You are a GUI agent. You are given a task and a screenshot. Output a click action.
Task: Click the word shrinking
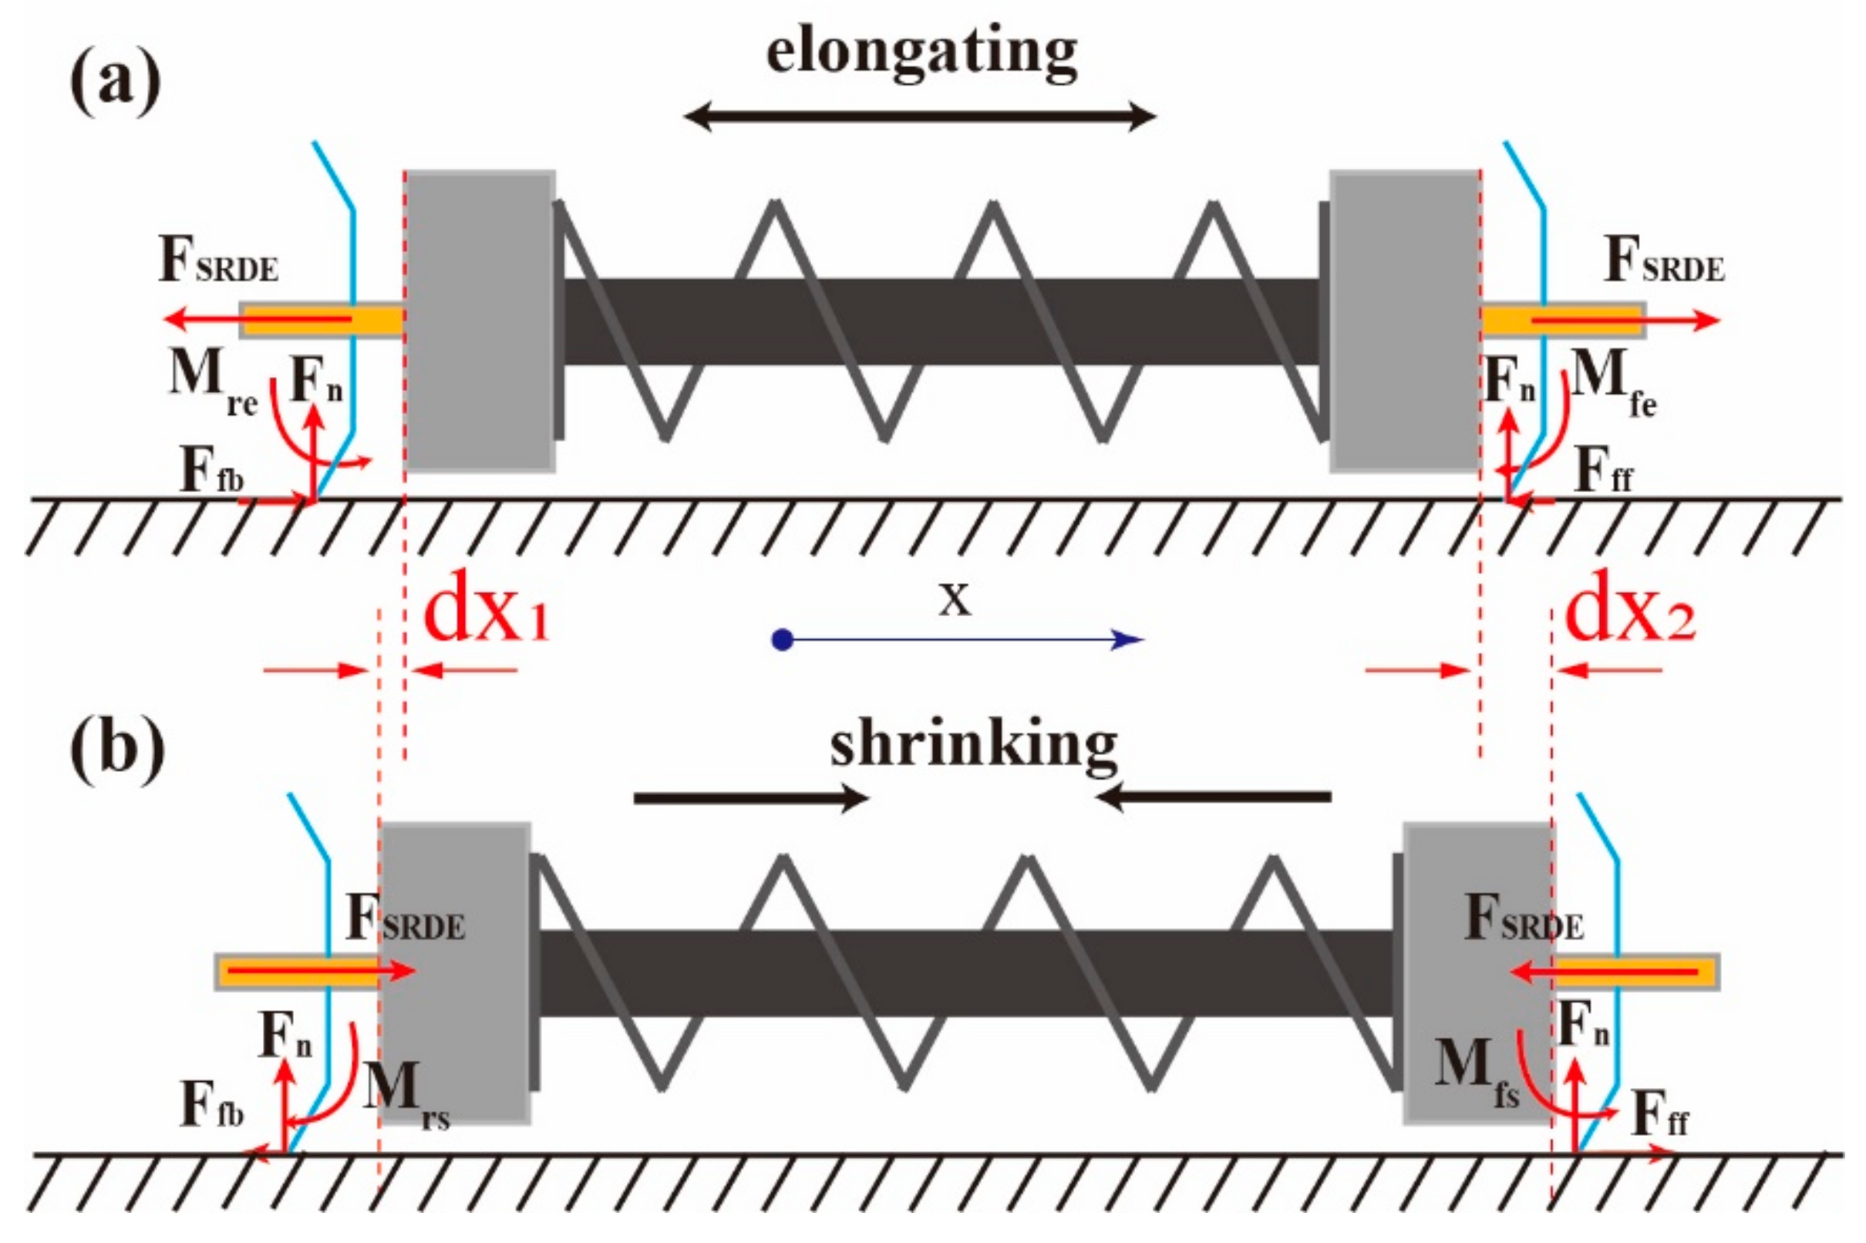click(973, 746)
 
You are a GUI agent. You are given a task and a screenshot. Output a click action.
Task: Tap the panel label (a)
click(116, 81)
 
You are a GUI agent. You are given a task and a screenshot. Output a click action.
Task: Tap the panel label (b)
click(117, 746)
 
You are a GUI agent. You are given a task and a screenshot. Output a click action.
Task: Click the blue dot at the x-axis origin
click(783, 640)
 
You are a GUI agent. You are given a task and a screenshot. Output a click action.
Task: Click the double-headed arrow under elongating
click(920, 117)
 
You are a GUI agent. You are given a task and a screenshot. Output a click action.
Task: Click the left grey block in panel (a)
click(480, 321)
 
